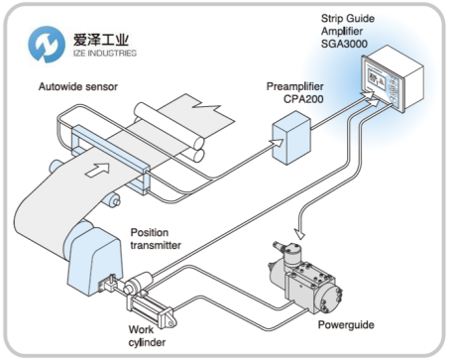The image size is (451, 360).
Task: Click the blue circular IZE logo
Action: (x=47, y=45)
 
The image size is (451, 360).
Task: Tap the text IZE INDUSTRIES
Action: (x=105, y=53)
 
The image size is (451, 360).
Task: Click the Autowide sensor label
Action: (x=78, y=86)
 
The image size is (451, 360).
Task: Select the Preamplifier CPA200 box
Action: (x=291, y=138)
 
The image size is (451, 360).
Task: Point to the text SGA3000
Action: (x=344, y=44)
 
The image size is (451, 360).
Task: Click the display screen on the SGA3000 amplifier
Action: (x=377, y=79)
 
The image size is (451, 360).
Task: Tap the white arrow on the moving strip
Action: (x=98, y=169)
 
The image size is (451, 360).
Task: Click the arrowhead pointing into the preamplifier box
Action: (x=277, y=143)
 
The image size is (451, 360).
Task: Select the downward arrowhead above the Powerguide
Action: (x=300, y=233)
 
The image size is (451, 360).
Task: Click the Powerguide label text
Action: (x=346, y=325)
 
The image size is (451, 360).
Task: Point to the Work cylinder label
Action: (x=147, y=335)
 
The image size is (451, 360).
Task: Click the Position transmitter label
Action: (x=156, y=239)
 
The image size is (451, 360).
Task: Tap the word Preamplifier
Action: (x=294, y=86)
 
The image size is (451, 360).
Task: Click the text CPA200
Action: (x=303, y=99)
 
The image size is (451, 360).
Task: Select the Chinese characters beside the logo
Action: (x=101, y=40)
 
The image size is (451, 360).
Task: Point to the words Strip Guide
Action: (x=348, y=19)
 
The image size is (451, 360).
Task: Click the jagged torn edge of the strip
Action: (x=206, y=107)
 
